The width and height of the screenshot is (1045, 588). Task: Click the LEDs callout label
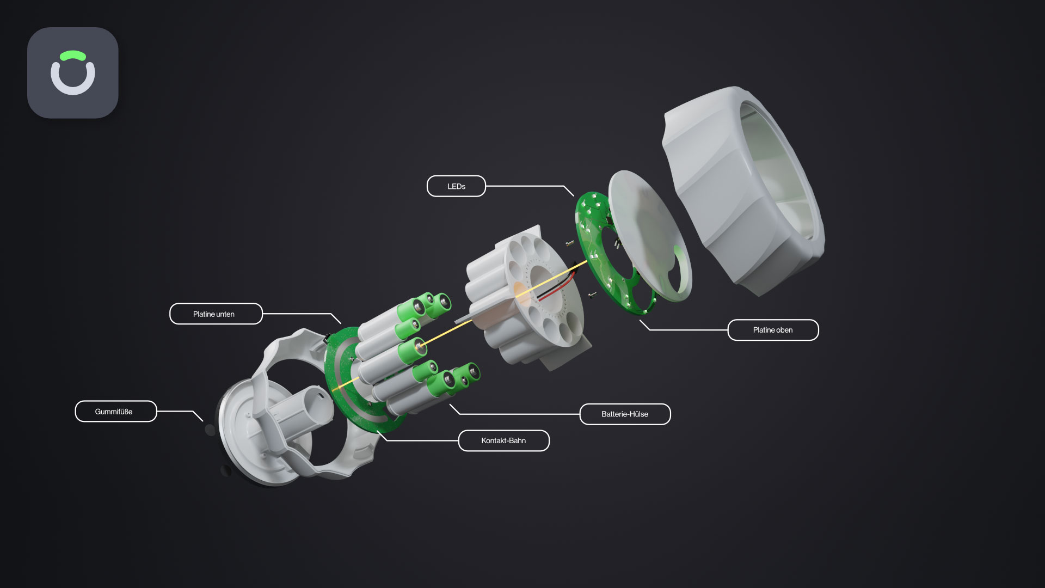click(x=456, y=186)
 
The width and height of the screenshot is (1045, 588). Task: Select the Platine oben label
click(x=773, y=330)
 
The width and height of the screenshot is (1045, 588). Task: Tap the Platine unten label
click(x=216, y=314)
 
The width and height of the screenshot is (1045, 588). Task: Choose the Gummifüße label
click(x=115, y=412)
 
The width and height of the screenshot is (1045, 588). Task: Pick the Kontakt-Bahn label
click(x=503, y=440)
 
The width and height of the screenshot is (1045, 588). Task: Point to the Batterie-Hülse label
click(x=625, y=414)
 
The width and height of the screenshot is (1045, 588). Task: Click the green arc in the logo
click(x=73, y=55)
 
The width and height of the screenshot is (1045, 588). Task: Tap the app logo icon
click(x=73, y=73)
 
